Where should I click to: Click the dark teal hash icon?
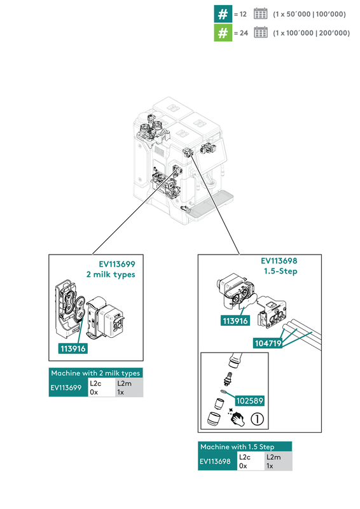223,14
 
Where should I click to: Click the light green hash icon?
223,33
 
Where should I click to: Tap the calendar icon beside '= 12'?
260,13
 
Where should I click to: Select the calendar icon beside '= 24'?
260,32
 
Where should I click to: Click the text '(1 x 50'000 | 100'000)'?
309,14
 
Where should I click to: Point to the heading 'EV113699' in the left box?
117,264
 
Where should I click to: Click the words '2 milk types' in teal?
111,275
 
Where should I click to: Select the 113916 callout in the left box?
73,349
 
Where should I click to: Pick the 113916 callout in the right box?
235,321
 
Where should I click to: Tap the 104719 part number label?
268,343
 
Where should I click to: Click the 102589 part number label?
249,401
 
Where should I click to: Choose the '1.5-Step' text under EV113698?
280,271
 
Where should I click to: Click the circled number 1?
257,419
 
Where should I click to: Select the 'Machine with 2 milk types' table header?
96,373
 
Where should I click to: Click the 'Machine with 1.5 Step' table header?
245,447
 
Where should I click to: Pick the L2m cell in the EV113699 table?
129,387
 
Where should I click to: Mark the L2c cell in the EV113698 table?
251,461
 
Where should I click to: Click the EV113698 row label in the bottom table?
215,461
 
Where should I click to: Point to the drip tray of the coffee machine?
211,203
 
